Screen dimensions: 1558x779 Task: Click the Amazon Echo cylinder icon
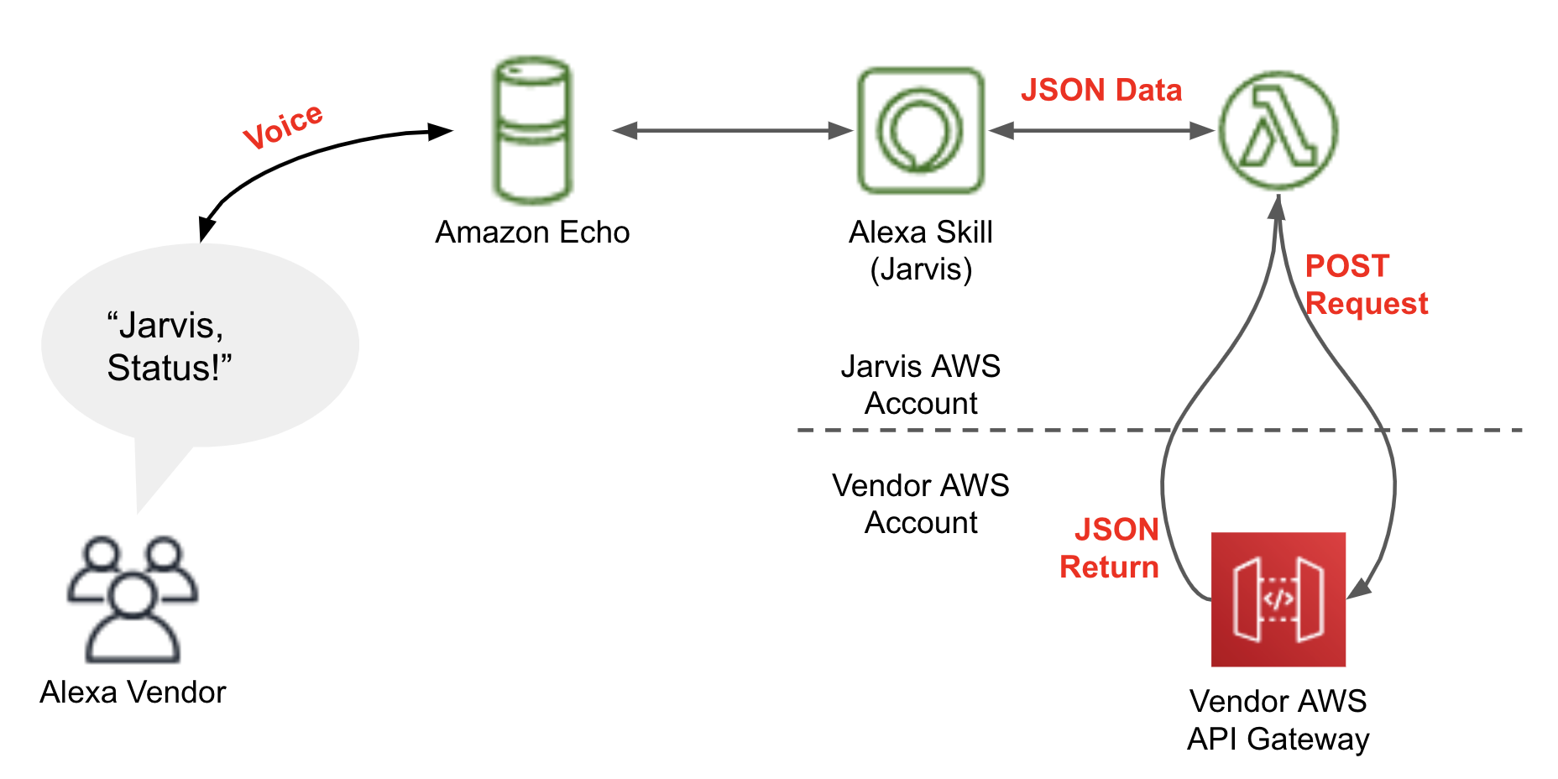tap(532, 130)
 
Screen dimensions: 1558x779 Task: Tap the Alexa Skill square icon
tap(921, 130)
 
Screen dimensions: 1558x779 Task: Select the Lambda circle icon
tap(1278, 130)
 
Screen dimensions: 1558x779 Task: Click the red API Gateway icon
tap(1278, 599)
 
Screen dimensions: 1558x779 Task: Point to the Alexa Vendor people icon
tap(133, 599)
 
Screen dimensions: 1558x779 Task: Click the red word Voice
tap(283, 127)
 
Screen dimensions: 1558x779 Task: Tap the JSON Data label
tap(1101, 90)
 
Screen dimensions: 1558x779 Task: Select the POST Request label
tap(1367, 285)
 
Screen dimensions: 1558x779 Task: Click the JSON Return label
tap(1109, 548)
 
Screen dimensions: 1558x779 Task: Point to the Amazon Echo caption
tap(532, 233)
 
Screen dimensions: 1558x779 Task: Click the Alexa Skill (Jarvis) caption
tap(921, 251)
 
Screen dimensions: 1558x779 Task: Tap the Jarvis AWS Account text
tap(921, 384)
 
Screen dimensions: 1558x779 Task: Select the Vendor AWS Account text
tap(921, 504)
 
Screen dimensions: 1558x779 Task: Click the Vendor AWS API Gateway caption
tap(1278, 720)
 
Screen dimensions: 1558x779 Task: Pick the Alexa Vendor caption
tap(133, 693)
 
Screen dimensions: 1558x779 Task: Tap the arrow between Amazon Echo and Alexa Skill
tap(733, 130)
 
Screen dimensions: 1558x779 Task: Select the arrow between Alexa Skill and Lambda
tap(1101, 130)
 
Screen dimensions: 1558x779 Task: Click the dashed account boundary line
tap(1160, 430)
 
